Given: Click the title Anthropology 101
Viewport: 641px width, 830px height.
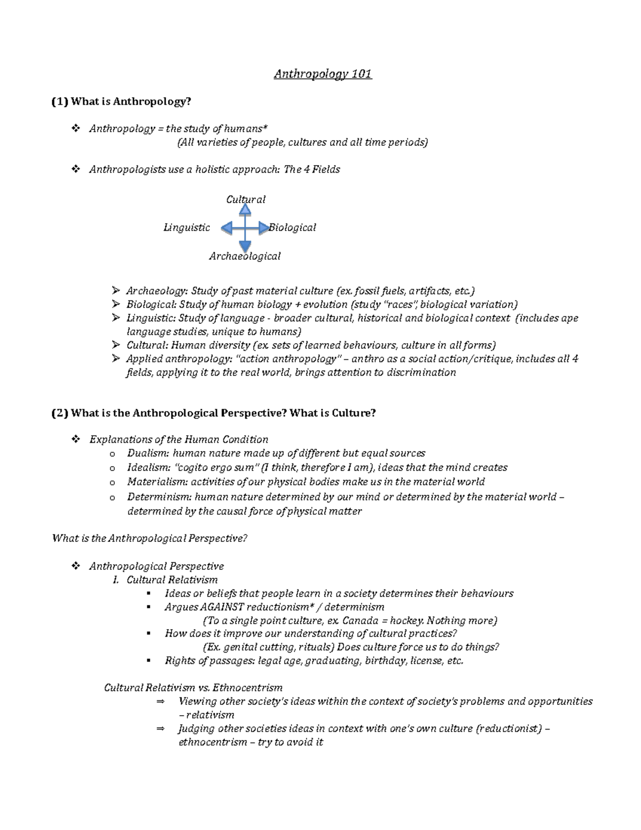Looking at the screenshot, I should coord(323,74).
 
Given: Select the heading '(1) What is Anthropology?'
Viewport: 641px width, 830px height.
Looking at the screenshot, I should coord(121,102).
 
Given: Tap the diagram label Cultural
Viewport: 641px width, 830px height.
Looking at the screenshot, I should coord(245,199).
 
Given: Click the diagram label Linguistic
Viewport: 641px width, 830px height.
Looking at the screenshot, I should coord(186,228).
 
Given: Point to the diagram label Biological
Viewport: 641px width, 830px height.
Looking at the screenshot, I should coord(292,228).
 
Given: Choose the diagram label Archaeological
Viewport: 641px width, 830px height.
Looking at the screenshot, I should coord(245,257).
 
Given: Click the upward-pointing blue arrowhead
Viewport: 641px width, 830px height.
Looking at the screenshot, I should coord(245,209).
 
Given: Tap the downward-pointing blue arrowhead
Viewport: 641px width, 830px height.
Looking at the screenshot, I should coord(245,246).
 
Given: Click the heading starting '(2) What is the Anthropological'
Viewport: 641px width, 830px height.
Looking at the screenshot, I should coord(214,413).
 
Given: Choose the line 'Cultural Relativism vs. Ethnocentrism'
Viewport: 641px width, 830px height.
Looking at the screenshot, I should coord(193,688).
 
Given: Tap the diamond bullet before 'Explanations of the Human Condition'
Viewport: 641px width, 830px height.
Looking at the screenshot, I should coord(76,439).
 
